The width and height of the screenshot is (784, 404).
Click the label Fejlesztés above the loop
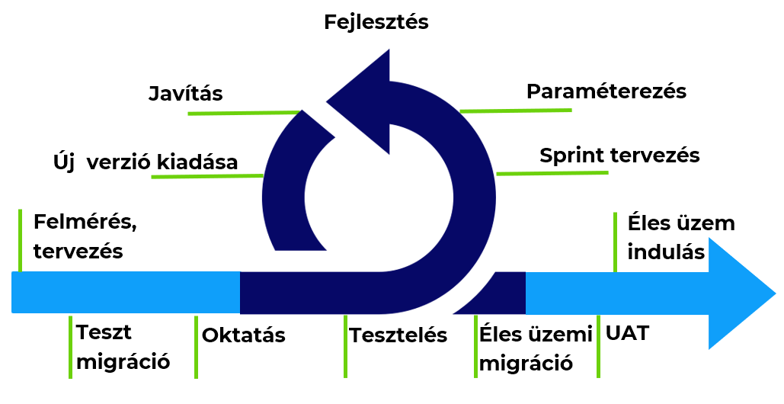[376, 22]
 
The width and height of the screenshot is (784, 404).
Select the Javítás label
[186, 94]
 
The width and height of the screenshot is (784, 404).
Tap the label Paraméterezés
[606, 91]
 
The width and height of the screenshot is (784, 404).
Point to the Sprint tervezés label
[619, 156]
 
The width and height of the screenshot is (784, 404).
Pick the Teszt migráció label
[123, 347]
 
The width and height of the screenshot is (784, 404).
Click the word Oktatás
[244, 335]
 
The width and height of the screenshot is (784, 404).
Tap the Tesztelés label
[398, 335]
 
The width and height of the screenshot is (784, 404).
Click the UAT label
[627, 333]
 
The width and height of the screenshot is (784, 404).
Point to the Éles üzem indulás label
[681, 237]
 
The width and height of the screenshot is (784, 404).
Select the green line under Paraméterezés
[516, 111]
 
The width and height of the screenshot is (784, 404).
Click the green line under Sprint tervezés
[552, 173]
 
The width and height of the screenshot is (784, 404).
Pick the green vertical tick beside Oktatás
[196, 347]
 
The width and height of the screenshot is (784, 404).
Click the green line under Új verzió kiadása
[207, 176]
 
